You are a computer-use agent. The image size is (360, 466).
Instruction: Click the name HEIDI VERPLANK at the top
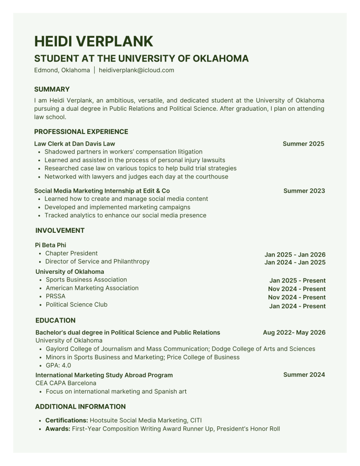click(x=93, y=41)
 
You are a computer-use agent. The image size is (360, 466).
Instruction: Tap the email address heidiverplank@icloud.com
click(x=137, y=70)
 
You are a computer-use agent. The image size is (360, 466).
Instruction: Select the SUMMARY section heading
click(x=52, y=89)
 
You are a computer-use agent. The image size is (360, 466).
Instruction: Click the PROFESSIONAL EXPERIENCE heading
click(x=81, y=132)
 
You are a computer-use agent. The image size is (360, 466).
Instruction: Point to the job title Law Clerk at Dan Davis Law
click(x=75, y=143)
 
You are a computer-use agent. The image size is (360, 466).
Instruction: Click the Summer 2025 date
click(x=303, y=143)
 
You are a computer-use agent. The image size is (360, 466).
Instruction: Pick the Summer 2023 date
click(x=304, y=191)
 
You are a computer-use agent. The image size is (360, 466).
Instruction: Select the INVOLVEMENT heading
click(x=60, y=230)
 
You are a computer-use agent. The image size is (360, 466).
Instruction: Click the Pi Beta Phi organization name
click(x=51, y=245)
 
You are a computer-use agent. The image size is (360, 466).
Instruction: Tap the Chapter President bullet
click(x=71, y=253)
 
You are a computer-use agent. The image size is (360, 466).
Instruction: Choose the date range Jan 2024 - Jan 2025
click(x=295, y=263)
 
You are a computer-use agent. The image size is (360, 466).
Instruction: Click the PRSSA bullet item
click(x=56, y=296)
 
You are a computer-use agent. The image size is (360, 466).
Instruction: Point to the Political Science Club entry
click(x=76, y=304)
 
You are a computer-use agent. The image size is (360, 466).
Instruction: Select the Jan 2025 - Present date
click(x=297, y=281)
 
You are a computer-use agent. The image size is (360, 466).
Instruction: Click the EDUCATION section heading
click(x=56, y=320)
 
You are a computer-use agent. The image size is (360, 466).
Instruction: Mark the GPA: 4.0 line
click(x=58, y=365)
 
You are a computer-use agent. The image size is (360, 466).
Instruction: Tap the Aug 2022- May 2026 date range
click(x=294, y=333)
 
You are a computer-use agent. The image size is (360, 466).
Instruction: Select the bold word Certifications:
click(x=66, y=420)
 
